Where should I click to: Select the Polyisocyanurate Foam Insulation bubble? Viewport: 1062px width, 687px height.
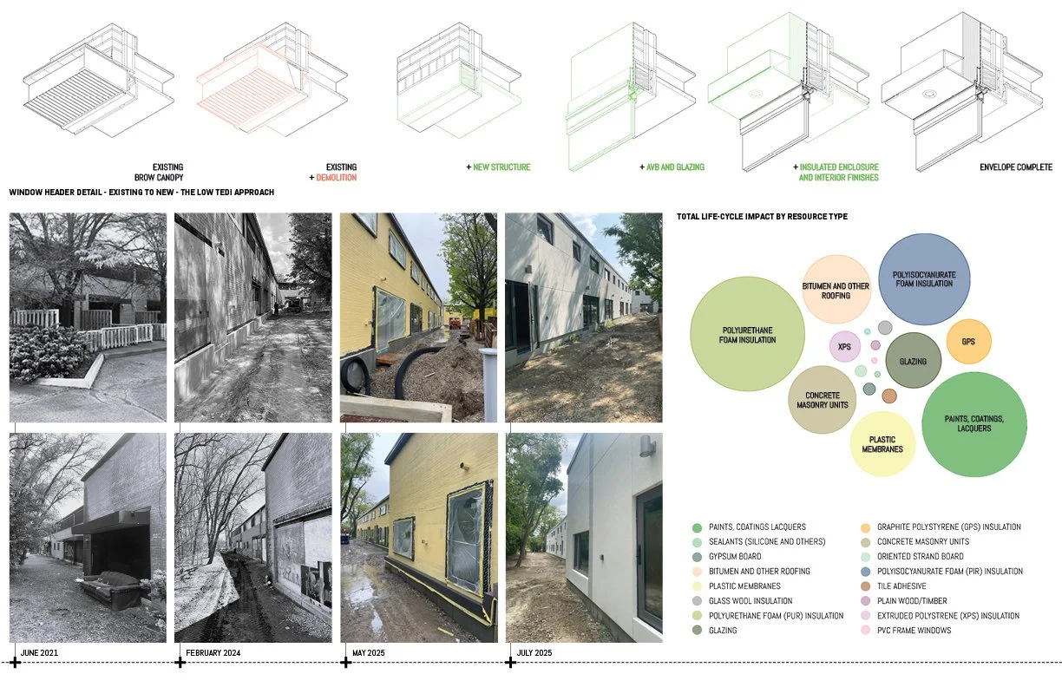point(924,278)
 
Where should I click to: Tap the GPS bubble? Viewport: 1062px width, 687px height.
point(968,342)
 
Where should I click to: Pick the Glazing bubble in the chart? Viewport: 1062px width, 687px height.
point(914,361)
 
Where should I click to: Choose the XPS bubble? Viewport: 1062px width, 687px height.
point(844,347)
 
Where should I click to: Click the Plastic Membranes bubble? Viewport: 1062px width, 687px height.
point(882,443)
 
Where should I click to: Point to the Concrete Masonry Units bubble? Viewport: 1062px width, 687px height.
point(821,400)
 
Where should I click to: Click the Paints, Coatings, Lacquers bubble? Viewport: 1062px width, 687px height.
point(973,424)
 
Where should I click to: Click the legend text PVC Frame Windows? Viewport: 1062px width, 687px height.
point(914,630)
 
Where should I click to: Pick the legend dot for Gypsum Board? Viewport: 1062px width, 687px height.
point(697,556)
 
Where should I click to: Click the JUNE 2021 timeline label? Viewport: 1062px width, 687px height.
point(38,652)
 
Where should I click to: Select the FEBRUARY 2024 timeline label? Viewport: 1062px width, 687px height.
point(213,652)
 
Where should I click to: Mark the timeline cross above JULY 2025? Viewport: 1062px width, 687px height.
point(511,663)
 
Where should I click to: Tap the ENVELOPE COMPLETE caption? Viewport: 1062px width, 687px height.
point(1015,167)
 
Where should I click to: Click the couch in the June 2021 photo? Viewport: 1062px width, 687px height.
point(111,589)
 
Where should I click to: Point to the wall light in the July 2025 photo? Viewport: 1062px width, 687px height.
point(646,446)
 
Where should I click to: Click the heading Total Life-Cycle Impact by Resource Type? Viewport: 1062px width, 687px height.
point(762,216)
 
